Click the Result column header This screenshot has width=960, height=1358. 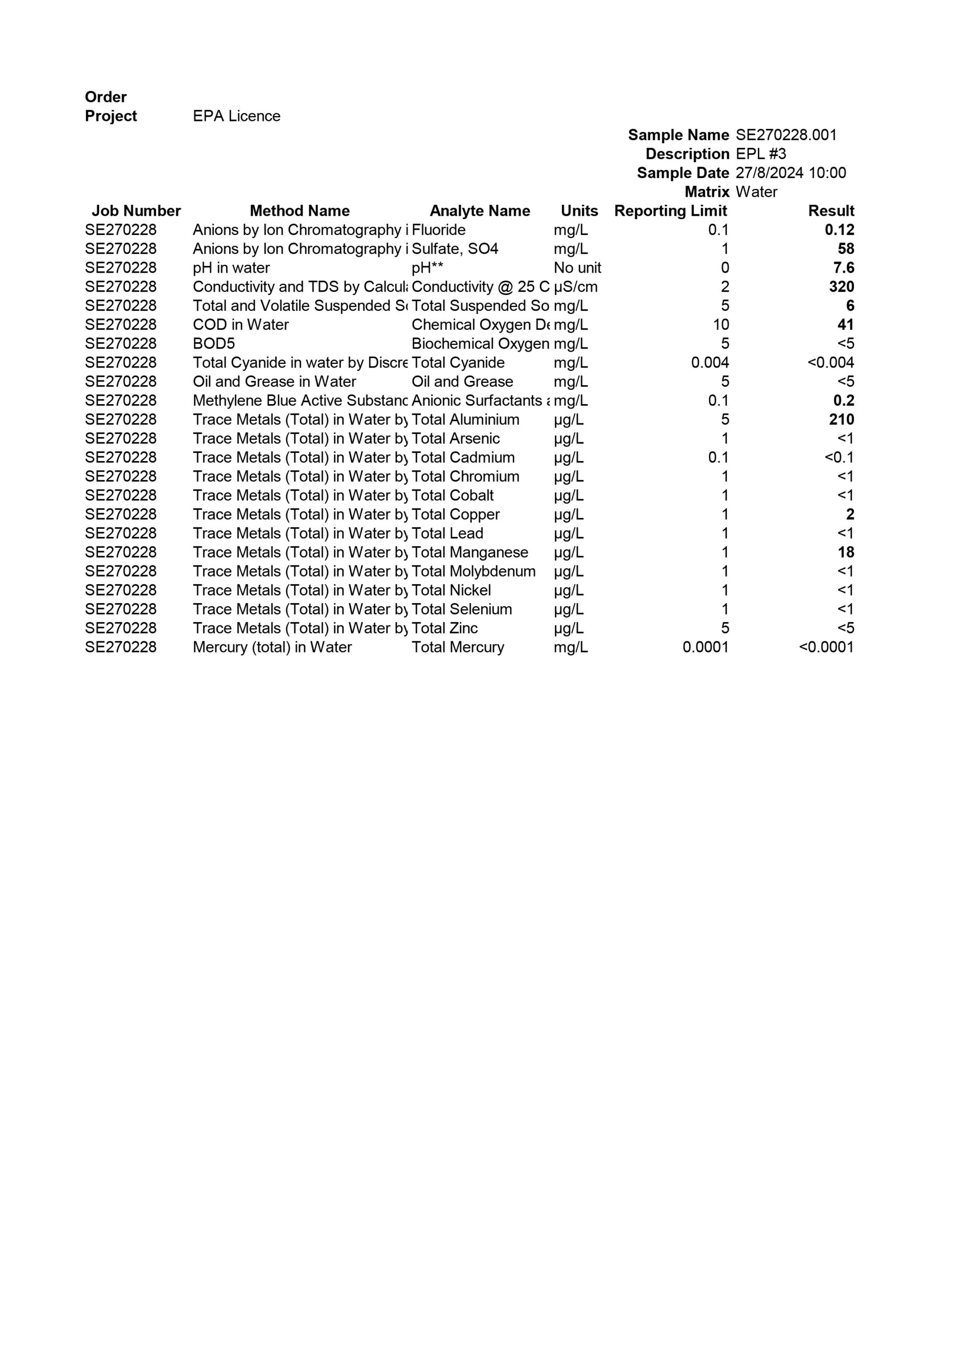point(831,211)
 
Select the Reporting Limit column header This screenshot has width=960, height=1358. point(670,211)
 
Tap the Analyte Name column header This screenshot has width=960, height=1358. point(479,211)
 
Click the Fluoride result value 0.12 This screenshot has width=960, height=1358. point(838,230)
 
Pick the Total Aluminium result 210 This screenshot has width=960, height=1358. point(841,420)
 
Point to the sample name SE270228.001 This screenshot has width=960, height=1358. point(786,135)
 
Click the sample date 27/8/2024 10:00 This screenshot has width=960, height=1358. point(790,173)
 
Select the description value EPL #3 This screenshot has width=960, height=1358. point(760,154)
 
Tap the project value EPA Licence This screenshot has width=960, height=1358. point(236,117)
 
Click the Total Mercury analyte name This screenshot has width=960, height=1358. point(457,648)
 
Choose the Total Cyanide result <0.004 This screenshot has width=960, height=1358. point(831,363)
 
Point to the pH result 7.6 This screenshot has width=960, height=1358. point(843,268)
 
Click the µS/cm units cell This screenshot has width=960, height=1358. point(575,287)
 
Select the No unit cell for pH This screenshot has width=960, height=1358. point(577,268)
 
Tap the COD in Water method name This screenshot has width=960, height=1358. point(240,325)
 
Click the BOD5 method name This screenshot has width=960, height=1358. point(214,344)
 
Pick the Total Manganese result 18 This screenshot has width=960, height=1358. point(846,552)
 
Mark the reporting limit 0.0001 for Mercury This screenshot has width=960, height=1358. point(705,648)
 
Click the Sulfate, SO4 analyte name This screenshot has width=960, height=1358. point(455,249)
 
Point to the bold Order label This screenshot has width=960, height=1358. point(106,97)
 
